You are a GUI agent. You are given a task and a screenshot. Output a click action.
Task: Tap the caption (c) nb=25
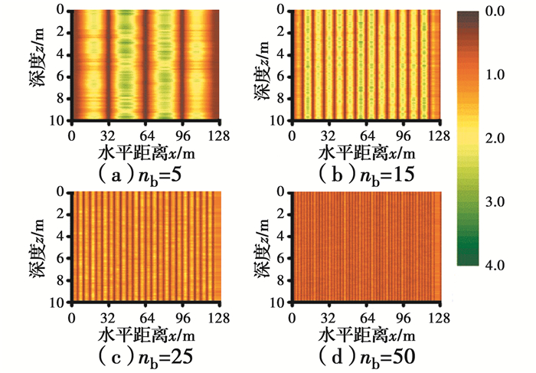[x=145, y=356]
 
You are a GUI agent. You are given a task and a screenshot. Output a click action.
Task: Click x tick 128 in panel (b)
[x=438, y=136]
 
